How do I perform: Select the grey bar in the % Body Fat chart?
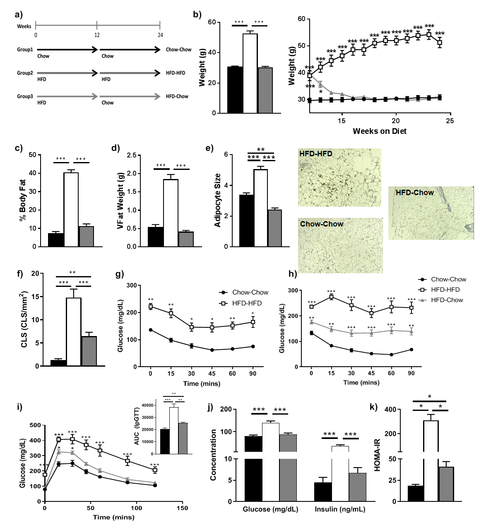[x=86, y=236]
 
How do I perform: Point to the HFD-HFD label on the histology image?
[x=316, y=154]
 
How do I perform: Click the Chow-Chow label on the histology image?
[x=322, y=224]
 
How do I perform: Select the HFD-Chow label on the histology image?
[x=415, y=193]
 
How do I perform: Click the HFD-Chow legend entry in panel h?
[x=447, y=300]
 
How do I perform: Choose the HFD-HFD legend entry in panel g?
[x=247, y=303]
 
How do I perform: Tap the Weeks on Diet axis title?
[x=380, y=131]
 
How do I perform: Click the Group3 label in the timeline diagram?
[x=25, y=96]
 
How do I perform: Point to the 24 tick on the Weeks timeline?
[x=160, y=35]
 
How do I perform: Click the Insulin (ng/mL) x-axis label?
[x=340, y=509]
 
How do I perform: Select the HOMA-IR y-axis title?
[x=377, y=455]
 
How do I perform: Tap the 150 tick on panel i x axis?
[x=182, y=508]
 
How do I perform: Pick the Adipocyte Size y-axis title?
[x=218, y=200]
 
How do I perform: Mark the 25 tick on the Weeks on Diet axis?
[x=450, y=121]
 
